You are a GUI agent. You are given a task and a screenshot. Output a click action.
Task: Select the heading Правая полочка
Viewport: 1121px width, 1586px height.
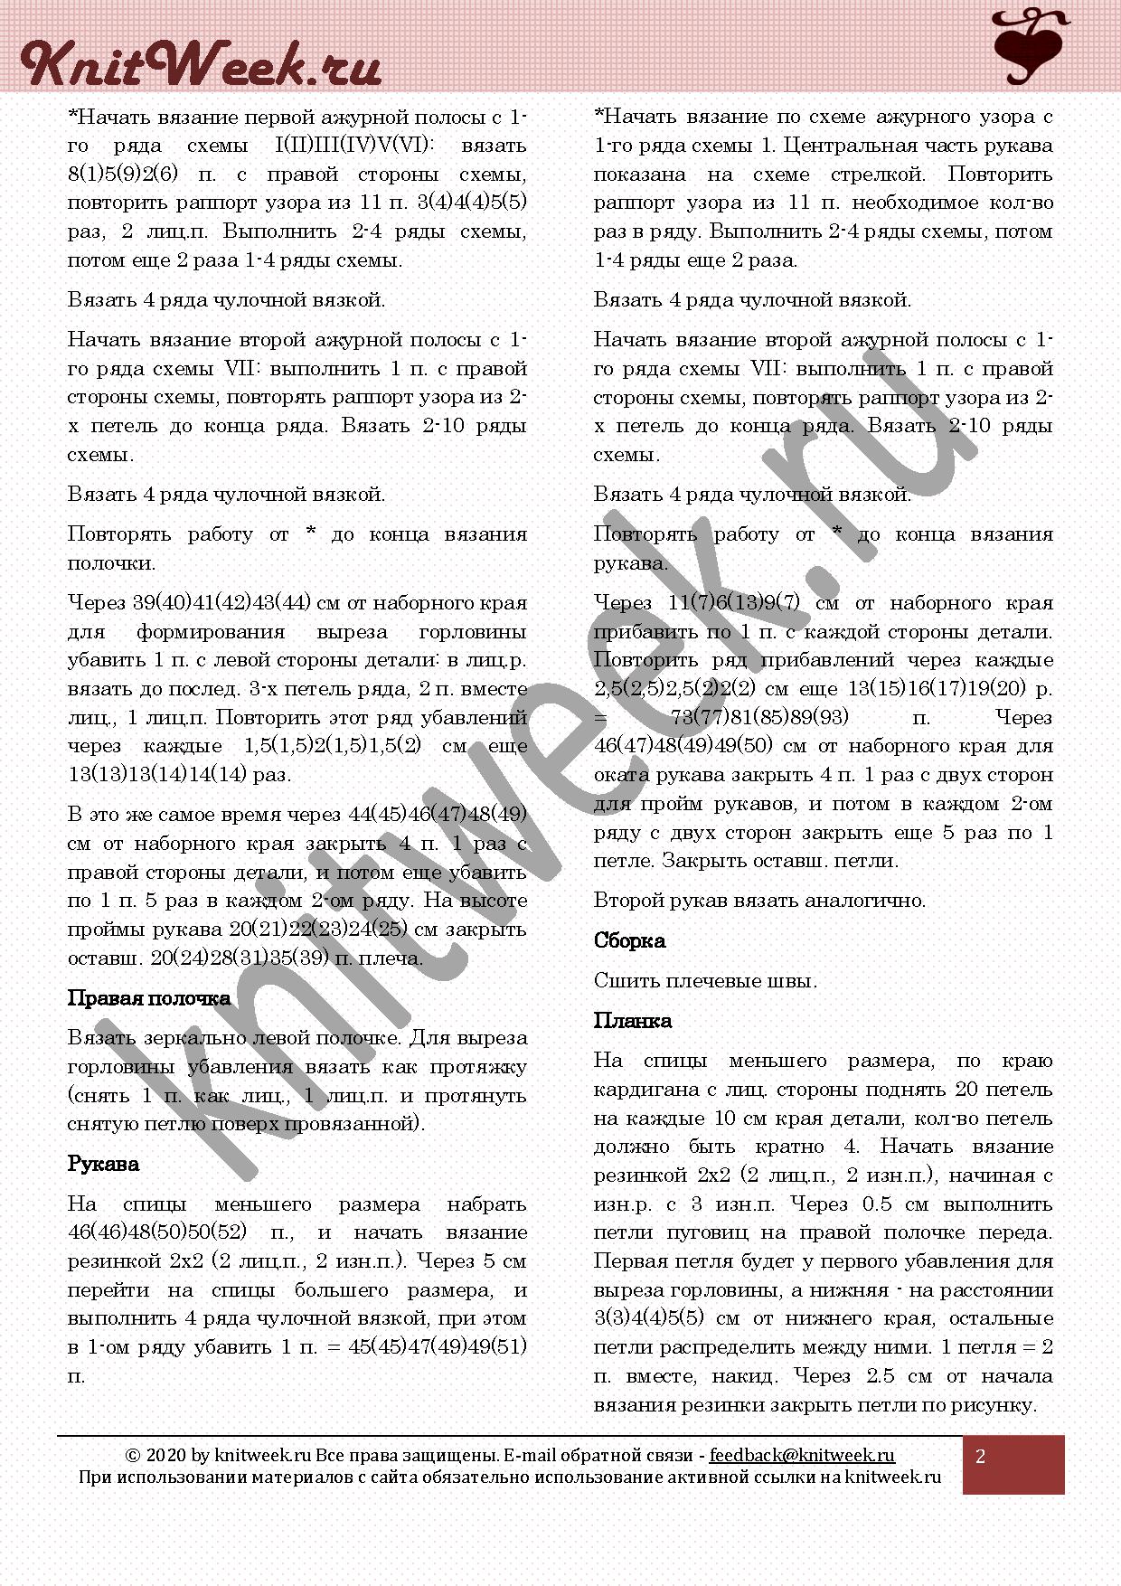coord(149,998)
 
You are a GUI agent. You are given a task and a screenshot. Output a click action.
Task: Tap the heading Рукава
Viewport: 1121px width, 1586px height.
coord(103,1164)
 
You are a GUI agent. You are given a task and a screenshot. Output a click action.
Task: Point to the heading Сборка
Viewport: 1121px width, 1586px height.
coord(629,940)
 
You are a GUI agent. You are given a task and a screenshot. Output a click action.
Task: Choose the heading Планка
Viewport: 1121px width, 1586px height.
coord(632,1021)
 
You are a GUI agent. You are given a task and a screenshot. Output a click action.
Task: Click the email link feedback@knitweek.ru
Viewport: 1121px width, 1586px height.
coord(802,1455)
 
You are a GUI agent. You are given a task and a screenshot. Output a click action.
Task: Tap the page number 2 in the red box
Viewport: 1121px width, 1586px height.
coord(981,1457)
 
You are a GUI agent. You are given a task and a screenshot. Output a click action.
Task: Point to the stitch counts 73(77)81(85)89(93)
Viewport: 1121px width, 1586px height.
coord(760,717)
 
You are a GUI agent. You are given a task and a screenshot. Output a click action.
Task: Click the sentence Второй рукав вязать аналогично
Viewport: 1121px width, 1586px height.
coord(759,901)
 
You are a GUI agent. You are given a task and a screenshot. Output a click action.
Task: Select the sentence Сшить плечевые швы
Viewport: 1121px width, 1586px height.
coord(705,980)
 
